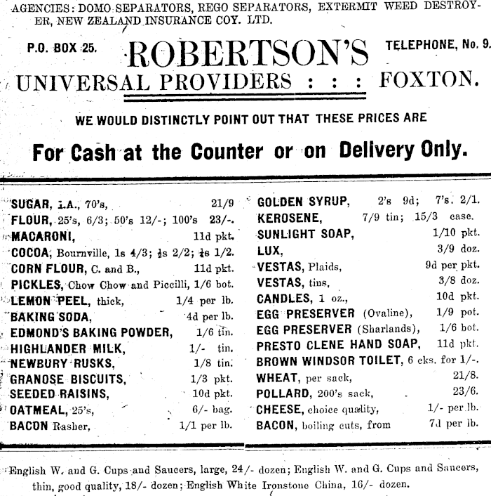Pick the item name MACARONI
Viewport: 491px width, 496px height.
click(44, 236)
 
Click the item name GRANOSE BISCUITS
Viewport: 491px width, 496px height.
click(68, 379)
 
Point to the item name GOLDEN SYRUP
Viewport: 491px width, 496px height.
click(303, 202)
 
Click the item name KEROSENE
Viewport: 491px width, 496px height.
click(289, 218)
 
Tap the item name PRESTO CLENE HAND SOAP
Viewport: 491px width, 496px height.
click(339, 346)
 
